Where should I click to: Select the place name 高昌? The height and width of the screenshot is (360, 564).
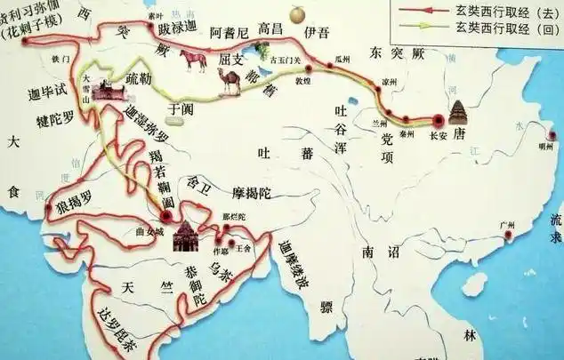click(x=270, y=31)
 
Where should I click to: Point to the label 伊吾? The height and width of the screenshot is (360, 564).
click(x=318, y=34)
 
